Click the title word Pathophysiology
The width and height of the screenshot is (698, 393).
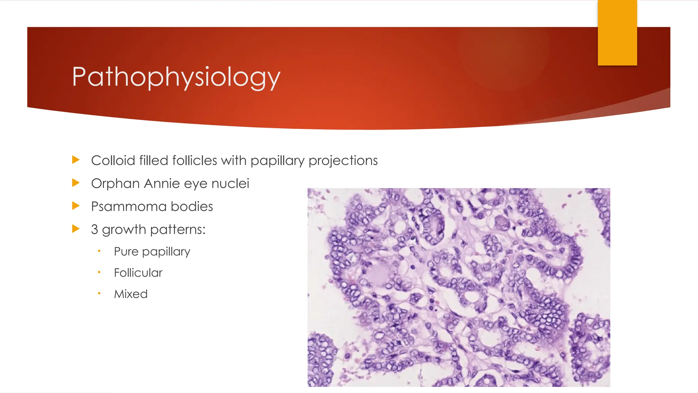(176, 77)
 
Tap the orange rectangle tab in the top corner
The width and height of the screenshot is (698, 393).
(617, 32)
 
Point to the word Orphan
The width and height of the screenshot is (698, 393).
(115, 184)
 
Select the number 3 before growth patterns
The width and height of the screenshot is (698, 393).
(94, 229)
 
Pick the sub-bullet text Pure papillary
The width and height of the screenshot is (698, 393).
(152, 252)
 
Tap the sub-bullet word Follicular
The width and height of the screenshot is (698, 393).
(138, 273)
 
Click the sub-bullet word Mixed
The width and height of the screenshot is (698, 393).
(131, 294)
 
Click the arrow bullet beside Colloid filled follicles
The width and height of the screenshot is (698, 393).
(76, 160)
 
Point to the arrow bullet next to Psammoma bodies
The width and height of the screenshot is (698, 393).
(76, 206)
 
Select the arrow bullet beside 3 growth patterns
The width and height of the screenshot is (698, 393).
(76, 229)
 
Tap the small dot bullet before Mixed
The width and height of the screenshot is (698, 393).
(99, 293)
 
